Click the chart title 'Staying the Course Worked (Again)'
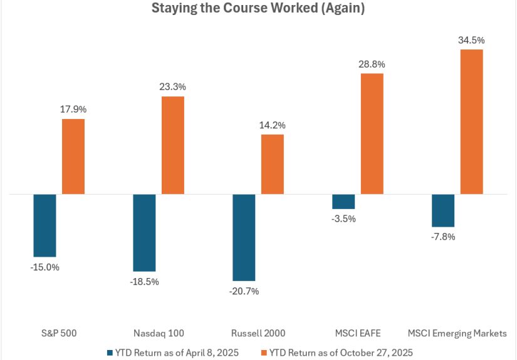point(258,8)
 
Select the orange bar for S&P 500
point(73,157)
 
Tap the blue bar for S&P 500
point(45,225)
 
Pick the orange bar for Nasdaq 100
point(173,145)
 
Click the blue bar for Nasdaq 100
point(144,233)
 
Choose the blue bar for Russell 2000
point(244,237)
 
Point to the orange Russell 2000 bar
point(273,165)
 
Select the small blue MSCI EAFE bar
point(343,202)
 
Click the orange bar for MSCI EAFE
point(372,134)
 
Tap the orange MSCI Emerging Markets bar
point(471,122)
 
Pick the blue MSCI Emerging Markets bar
point(443,210)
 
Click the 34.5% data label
point(471,40)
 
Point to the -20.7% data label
point(244,291)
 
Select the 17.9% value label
point(73,109)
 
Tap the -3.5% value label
point(343,219)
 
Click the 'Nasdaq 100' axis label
point(159,333)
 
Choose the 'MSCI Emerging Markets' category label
point(457,333)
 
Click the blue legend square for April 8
point(110,353)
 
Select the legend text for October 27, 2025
point(341,352)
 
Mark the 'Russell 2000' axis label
point(258,333)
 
